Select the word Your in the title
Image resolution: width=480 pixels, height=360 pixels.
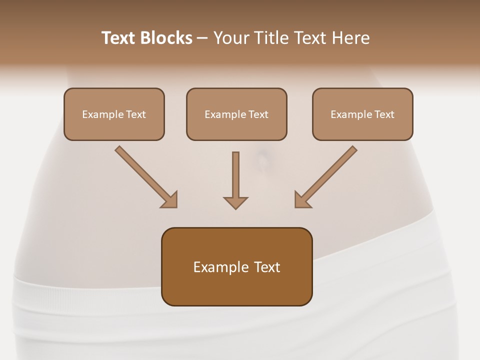(x=231, y=38)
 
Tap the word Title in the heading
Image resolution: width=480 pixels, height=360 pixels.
(x=272, y=38)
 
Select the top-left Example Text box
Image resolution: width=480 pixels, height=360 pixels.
(x=114, y=114)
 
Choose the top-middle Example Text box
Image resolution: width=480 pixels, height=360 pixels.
(x=236, y=114)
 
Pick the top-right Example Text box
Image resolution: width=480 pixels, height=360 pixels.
(x=362, y=114)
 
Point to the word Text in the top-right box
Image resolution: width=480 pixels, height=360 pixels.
(x=384, y=114)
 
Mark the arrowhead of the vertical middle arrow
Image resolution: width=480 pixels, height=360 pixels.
(x=235, y=202)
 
